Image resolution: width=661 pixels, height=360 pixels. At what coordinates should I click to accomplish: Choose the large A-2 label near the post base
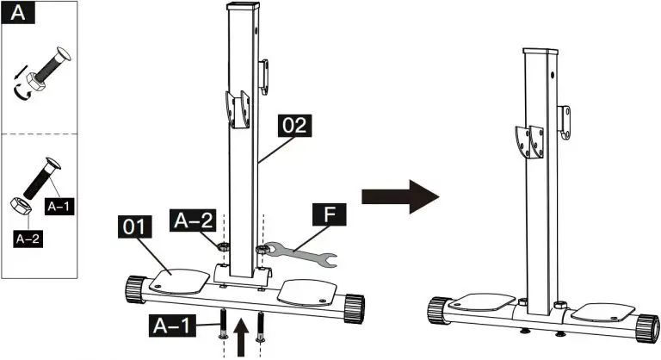click(193, 221)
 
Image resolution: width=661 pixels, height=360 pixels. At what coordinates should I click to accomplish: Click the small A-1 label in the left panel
click(62, 207)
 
